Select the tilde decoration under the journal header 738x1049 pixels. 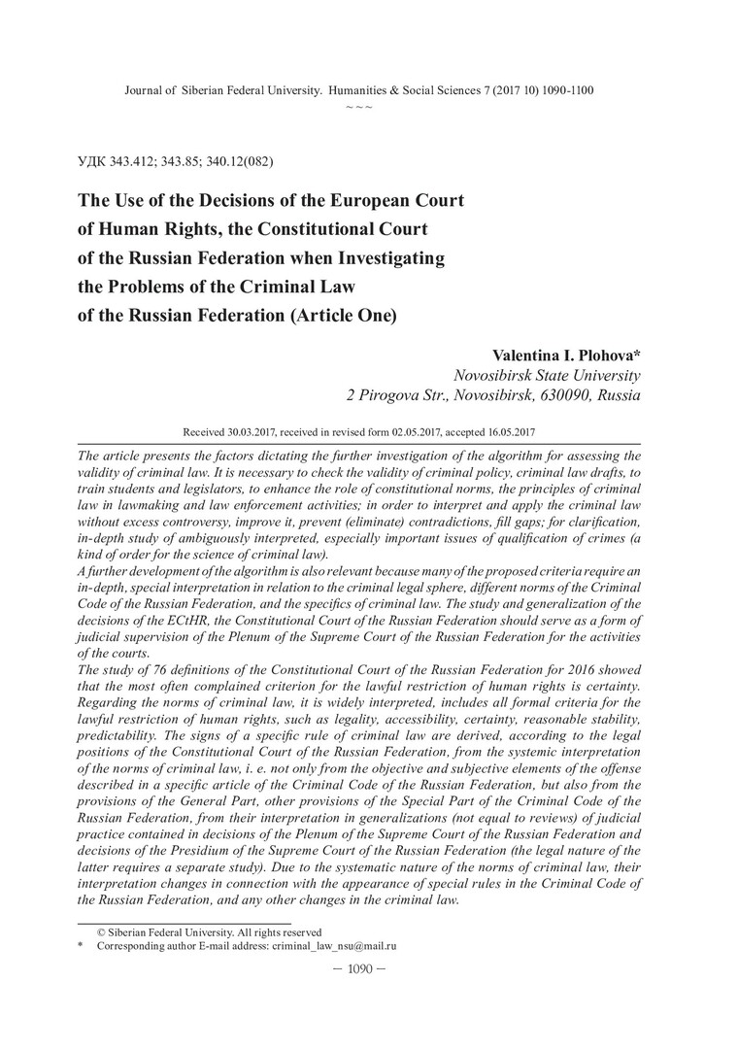pos(359,106)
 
